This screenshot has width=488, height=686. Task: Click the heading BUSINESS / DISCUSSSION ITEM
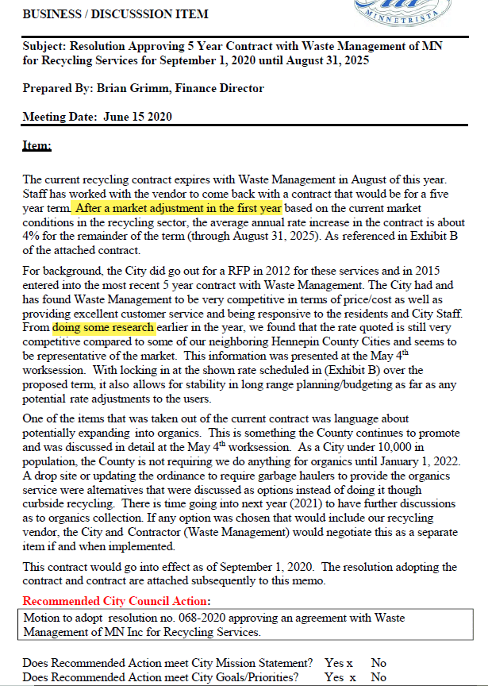click(x=115, y=14)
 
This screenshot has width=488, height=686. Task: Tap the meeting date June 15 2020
click(x=137, y=117)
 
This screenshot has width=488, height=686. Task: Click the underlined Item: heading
click(x=37, y=146)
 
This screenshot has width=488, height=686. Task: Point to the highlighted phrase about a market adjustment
click(x=179, y=208)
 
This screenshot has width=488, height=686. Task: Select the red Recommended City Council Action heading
click(x=115, y=602)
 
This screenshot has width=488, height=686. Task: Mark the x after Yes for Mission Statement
click(x=349, y=663)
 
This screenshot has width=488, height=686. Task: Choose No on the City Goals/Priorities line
click(x=378, y=676)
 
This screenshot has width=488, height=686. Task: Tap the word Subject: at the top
click(x=44, y=46)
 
